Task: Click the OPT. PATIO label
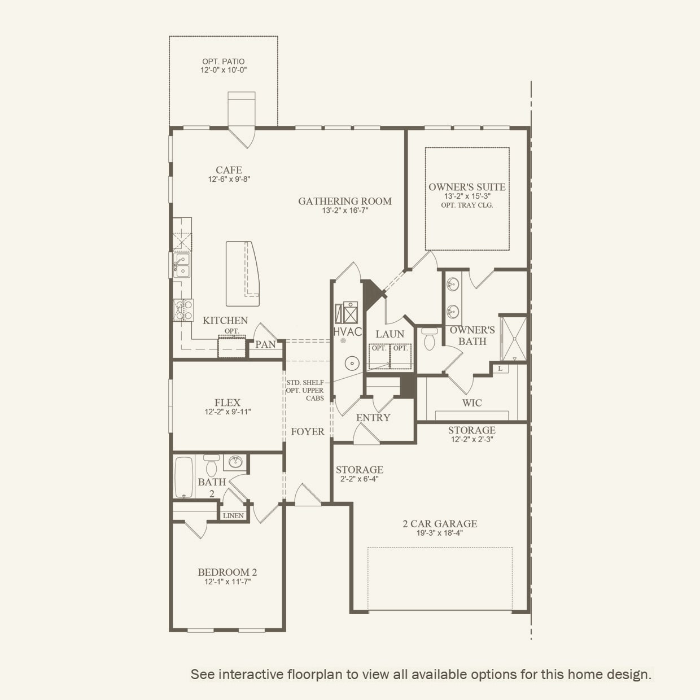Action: tap(224, 62)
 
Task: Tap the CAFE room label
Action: tap(229, 170)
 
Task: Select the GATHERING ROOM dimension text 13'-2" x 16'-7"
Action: tap(345, 211)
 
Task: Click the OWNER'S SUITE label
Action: tap(467, 187)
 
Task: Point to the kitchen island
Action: tap(242, 274)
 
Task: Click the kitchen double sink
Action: tap(181, 265)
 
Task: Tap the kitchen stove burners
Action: tap(183, 310)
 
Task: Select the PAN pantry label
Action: tap(265, 344)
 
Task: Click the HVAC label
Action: tap(348, 332)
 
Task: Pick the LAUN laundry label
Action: tap(390, 334)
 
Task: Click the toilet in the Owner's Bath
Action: tap(430, 339)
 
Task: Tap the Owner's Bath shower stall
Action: tap(513, 339)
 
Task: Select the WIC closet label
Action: tap(472, 403)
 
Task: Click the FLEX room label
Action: tap(228, 403)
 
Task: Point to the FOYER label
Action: tap(308, 431)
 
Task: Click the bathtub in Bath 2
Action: tap(184, 478)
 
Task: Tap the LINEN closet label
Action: tap(233, 516)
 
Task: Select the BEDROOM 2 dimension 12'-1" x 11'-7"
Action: tap(228, 582)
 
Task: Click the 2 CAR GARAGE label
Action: tap(440, 524)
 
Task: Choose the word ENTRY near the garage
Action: tap(373, 418)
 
